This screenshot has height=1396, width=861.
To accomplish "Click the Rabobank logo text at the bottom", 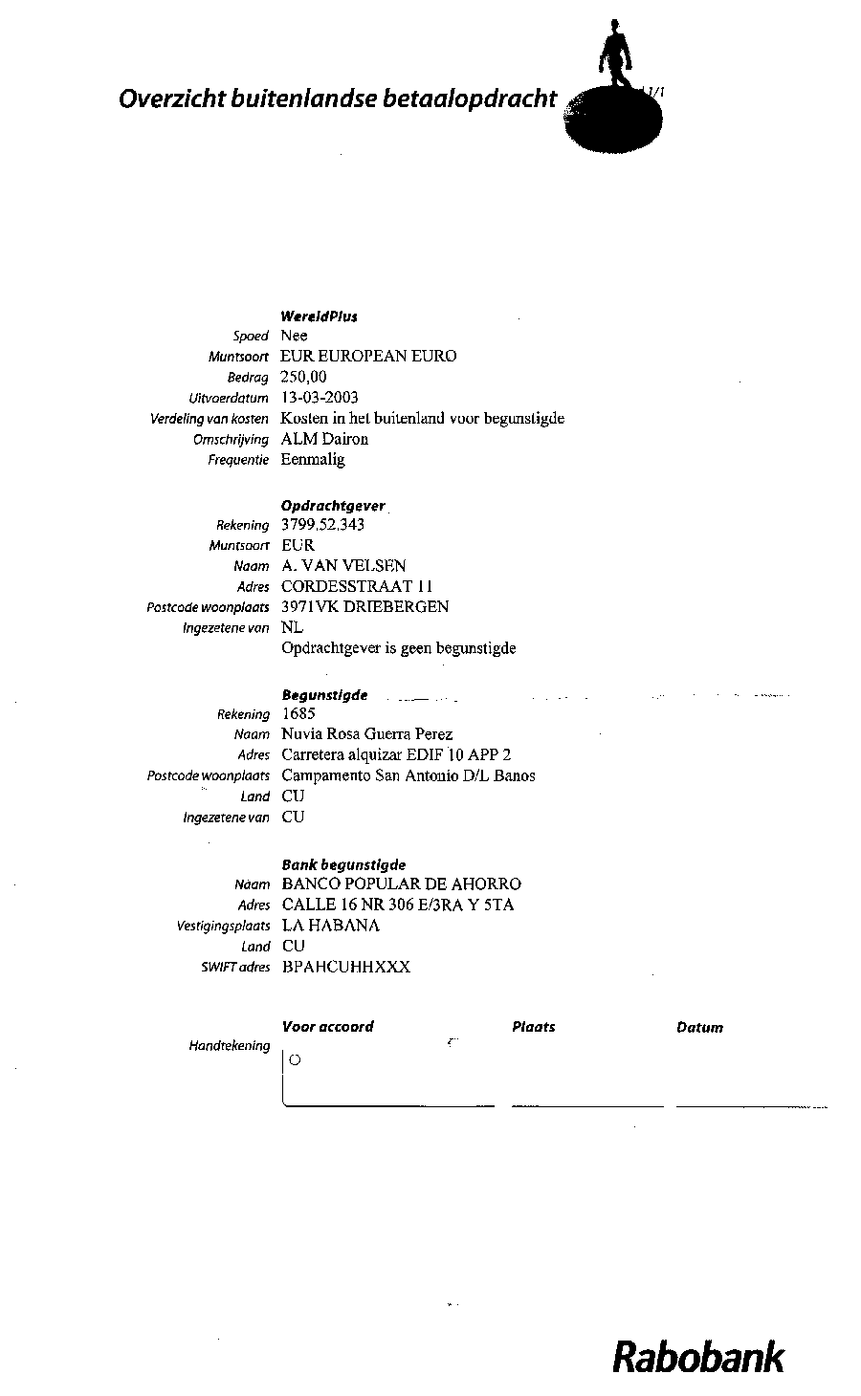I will (698, 1358).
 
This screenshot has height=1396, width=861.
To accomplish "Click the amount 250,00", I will (303, 377).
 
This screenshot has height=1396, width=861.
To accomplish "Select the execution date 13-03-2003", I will (320, 397).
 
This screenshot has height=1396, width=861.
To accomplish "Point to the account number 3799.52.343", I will (322, 524).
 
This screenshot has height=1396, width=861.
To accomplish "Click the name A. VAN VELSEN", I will (343, 565).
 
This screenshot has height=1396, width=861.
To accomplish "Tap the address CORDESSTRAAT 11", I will (359, 586).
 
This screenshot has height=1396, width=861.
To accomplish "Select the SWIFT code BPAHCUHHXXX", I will (346, 967).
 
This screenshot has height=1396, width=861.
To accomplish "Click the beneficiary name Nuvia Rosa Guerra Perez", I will (366, 734).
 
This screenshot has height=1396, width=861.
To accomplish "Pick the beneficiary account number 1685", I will (298, 713).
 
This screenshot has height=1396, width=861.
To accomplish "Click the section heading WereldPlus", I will (319, 316).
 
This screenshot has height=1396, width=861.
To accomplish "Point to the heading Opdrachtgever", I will (333, 505).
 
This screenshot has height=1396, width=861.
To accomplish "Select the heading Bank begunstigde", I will (343, 864).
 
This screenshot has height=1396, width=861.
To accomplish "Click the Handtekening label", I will (230, 1046).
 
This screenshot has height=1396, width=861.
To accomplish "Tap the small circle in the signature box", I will (295, 1059).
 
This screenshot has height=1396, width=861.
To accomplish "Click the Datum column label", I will (699, 1028).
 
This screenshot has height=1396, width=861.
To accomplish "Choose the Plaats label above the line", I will (533, 1027).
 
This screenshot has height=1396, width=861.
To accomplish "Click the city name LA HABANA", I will (330, 926).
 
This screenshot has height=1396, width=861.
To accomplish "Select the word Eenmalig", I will (313, 459).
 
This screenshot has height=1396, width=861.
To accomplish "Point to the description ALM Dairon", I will (324, 439).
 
